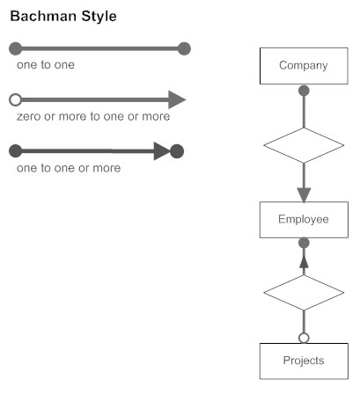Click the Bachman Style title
point(62,17)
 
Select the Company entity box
point(303,65)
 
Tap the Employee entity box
point(303,220)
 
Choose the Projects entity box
point(303,361)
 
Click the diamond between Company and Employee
point(303,145)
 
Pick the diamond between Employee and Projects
point(303,292)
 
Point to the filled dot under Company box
point(304,90)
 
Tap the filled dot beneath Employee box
point(304,243)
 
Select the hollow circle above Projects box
point(304,338)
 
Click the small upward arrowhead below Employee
point(304,260)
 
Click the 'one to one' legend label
point(45,65)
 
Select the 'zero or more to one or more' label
point(93,116)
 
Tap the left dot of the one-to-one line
point(14,48)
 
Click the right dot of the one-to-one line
point(183,48)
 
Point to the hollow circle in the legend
point(14,99)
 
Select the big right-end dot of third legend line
point(176,150)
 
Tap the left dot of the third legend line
point(14,150)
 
